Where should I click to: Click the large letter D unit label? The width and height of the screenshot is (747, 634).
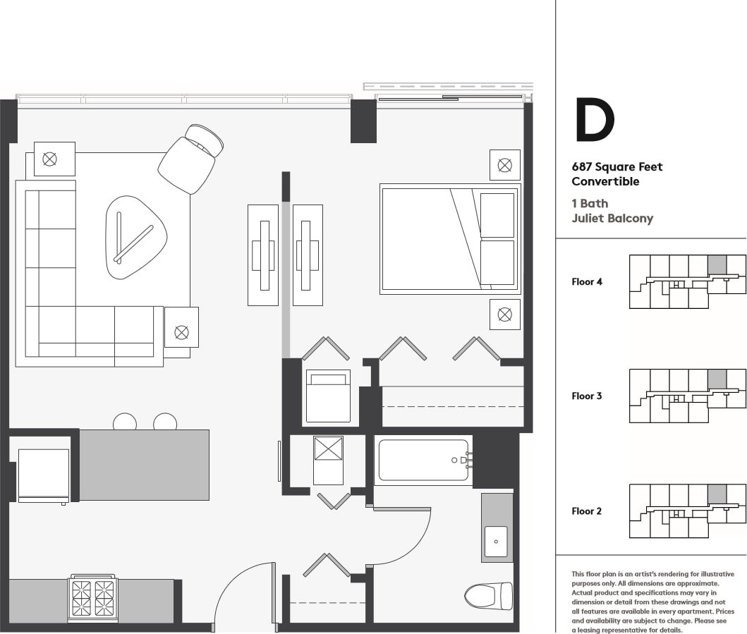pos(595,120)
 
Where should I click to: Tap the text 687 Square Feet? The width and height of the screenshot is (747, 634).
pos(617,166)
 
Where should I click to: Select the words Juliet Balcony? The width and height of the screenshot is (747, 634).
pos(612,218)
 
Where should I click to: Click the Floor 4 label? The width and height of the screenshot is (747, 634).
pos(586,281)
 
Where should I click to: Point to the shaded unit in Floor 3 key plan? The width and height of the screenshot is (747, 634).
pos(717,379)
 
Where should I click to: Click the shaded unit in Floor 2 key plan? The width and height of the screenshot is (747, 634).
pos(717,494)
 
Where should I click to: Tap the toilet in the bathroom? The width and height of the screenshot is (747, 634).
pos(488,596)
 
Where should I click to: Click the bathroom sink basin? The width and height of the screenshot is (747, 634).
pos(496,542)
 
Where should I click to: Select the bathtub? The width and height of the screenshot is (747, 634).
pos(423,460)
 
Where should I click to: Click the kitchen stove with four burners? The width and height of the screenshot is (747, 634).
pos(93,598)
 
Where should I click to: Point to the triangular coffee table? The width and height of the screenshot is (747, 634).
pos(135,237)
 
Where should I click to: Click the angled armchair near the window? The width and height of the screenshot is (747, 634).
pos(190,159)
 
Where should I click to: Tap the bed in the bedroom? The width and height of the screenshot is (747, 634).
pos(450,238)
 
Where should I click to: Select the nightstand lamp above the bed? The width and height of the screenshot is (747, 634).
pos(504,165)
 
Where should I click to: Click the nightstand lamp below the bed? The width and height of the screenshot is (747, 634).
pos(504,315)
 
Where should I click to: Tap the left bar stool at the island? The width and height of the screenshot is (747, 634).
pos(125,422)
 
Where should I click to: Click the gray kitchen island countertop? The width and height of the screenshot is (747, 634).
pos(144,465)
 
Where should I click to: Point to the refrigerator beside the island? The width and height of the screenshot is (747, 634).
pos(43,475)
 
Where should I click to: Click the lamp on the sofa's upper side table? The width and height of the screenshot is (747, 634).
pos(49,159)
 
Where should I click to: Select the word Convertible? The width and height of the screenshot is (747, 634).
pos(605,181)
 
